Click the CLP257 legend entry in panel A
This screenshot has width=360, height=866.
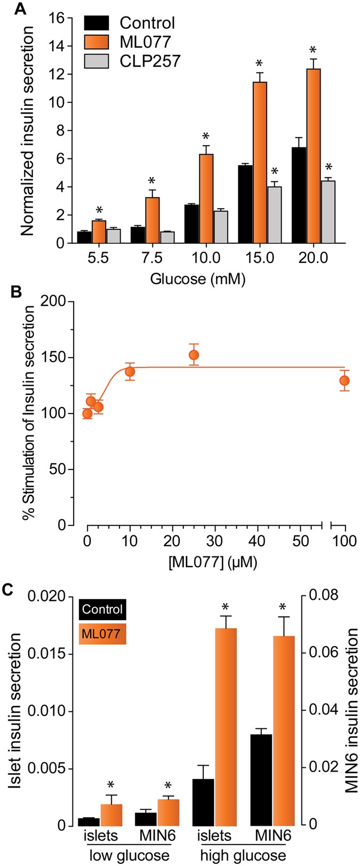pos(150,61)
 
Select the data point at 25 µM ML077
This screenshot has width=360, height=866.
pos(194,355)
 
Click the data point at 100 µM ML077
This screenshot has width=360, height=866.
pos(345,380)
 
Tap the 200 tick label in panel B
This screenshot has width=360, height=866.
pos(61,302)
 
